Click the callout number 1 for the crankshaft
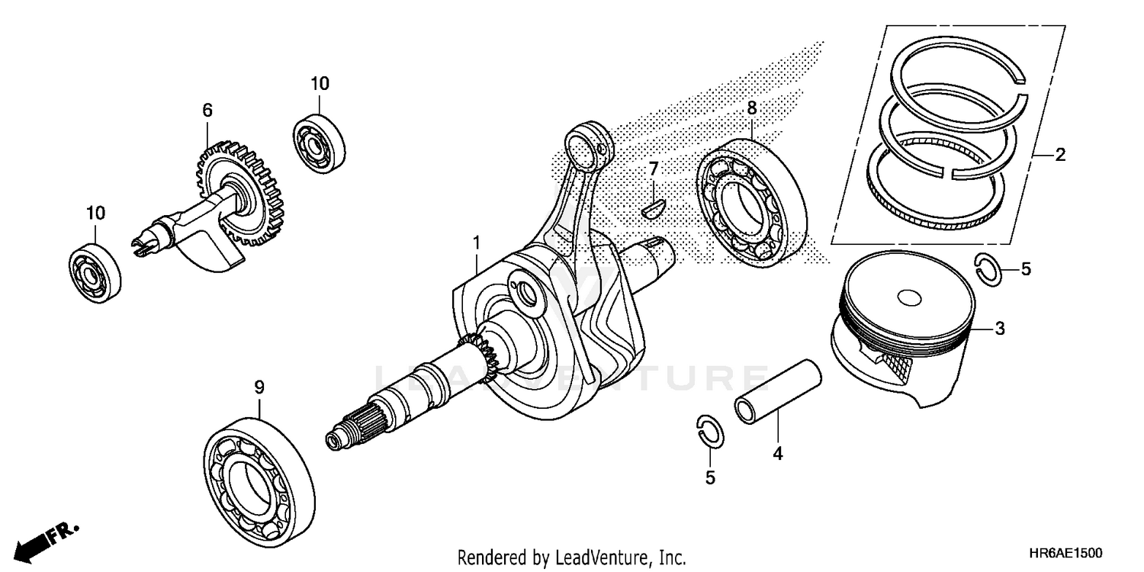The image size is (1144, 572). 477,243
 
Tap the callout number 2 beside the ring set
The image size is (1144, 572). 1059,156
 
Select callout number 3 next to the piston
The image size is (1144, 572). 999,329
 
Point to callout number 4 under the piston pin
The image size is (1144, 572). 777,454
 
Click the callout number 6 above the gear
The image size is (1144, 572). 207,111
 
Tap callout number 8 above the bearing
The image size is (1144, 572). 751,108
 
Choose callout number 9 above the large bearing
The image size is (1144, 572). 259,387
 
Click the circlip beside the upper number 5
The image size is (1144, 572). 989,270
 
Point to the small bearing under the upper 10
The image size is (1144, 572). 320,142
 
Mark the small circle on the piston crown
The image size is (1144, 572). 909,297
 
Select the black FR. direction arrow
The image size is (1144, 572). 35,543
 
